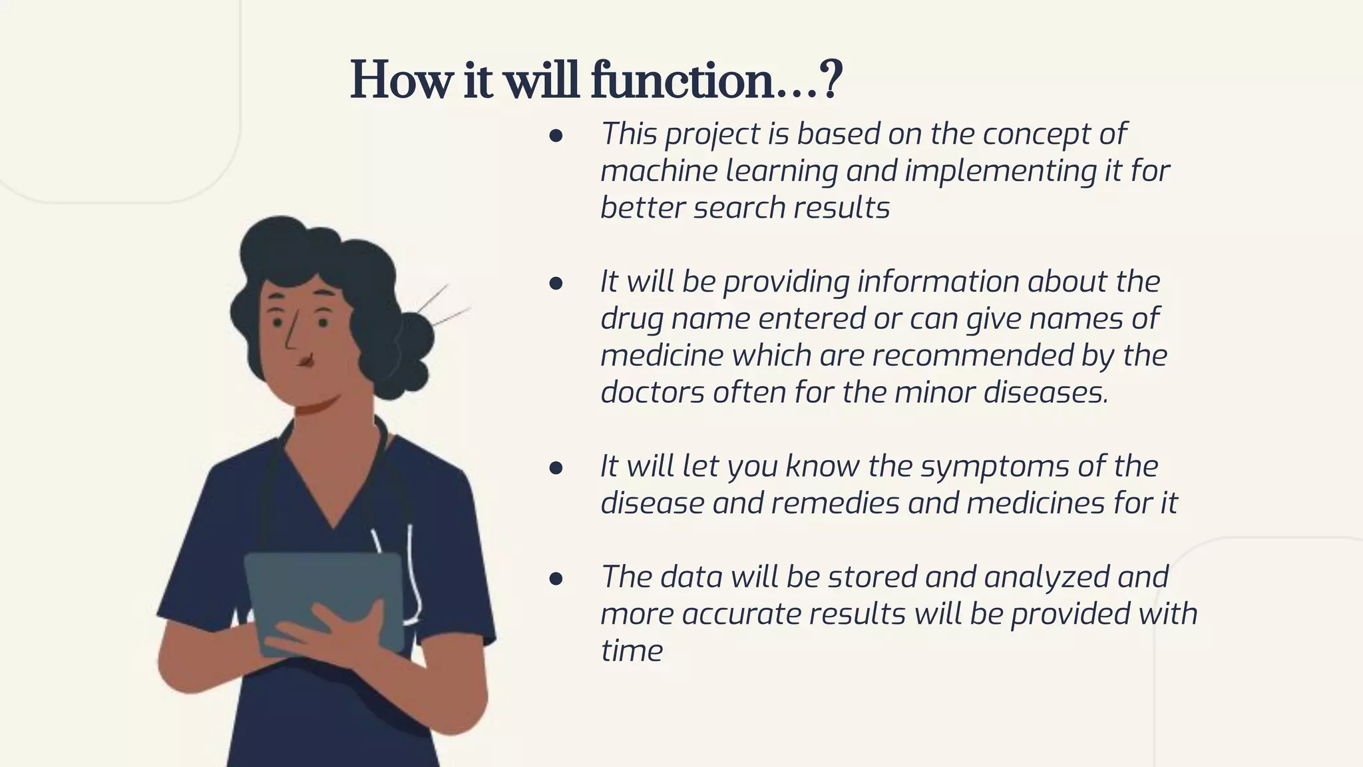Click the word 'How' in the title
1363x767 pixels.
pos(400,81)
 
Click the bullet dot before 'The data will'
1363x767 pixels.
pos(556,579)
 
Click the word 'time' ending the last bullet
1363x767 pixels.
pos(632,650)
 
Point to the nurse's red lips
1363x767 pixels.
pos(305,362)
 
